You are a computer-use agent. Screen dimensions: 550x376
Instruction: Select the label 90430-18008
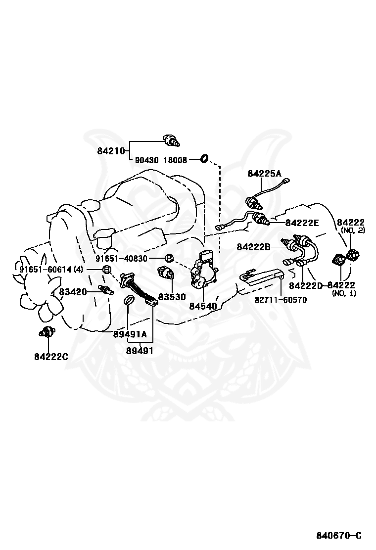point(161,160)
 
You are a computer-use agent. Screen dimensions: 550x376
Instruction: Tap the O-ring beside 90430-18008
point(203,159)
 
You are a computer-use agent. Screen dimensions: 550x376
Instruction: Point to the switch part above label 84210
point(171,140)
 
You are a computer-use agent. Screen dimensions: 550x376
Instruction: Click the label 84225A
point(264,173)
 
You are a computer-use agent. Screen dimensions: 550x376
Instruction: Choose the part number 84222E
point(302,223)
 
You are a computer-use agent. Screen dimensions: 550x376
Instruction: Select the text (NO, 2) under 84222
point(353,230)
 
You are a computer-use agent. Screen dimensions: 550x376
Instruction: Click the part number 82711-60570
point(281,299)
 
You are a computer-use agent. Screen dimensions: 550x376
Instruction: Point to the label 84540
point(203,306)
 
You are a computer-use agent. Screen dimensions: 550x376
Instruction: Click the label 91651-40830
point(129,259)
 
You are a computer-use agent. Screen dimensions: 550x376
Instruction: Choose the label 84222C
point(51,356)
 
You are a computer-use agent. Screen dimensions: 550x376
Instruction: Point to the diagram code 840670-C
point(339,535)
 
